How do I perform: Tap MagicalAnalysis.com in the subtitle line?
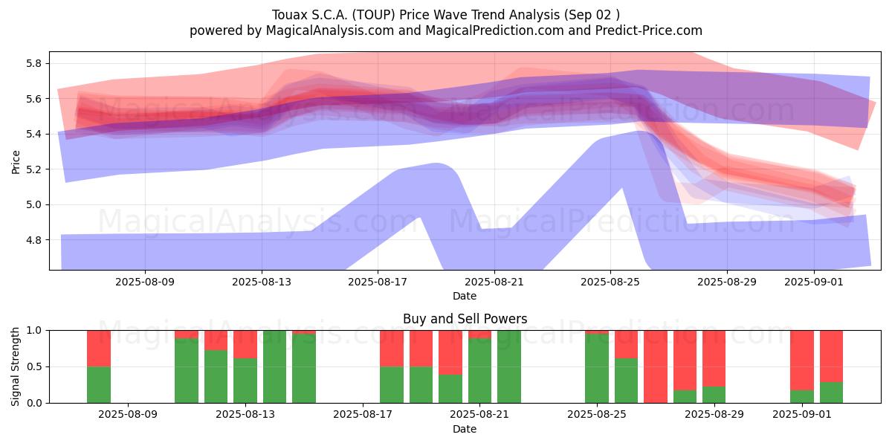coord(330,30)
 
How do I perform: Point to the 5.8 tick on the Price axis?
coord(33,64)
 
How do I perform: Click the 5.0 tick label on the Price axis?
coord(33,205)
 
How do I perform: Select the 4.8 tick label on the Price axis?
coord(33,240)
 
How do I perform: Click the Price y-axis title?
coord(16,162)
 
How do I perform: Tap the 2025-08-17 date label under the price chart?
coord(378,282)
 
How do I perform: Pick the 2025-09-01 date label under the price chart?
coord(814,282)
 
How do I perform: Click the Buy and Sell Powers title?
coord(465,319)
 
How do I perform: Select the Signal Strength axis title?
coord(15,366)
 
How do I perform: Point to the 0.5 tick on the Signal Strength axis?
coord(33,366)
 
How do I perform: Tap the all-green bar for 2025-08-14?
coord(274,366)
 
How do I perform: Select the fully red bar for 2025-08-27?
coord(656,366)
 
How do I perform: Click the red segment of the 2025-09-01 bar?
coord(802,361)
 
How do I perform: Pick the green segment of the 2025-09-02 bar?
coord(832,392)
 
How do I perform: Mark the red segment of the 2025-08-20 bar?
coord(450,352)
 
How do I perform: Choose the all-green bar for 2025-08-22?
coord(509,366)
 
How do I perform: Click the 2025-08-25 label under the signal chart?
coord(597,415)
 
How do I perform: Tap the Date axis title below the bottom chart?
coord(465,429)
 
